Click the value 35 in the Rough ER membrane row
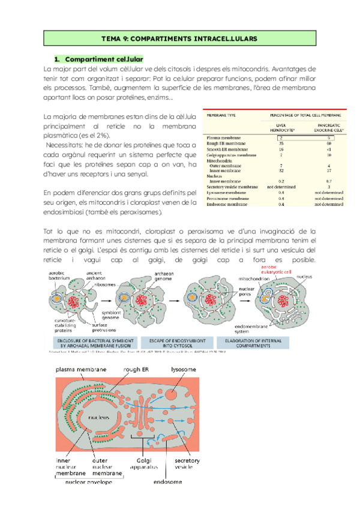tap(281, 143)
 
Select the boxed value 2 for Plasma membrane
tap(281, 137)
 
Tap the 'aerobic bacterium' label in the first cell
tap(60, 277)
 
